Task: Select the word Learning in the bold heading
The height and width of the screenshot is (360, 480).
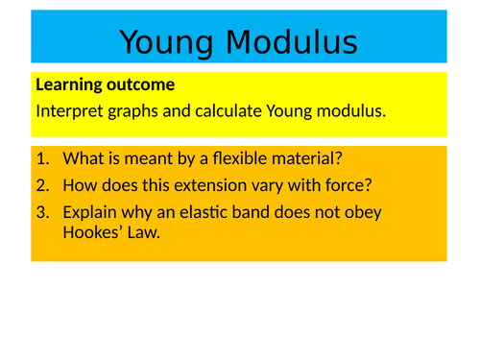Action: click(x=70, y=85)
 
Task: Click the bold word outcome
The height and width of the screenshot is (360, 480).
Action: click(x=141, y=85)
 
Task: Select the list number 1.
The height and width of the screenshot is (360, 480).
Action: click(x=41, y=159)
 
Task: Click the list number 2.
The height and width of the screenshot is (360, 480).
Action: click(x=41, y=185)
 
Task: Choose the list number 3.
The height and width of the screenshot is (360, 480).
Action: click(x=41, y=211)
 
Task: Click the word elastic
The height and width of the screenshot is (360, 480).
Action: click(x=208, y=211)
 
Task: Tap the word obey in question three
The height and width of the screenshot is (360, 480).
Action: click(x=364, y=211)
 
